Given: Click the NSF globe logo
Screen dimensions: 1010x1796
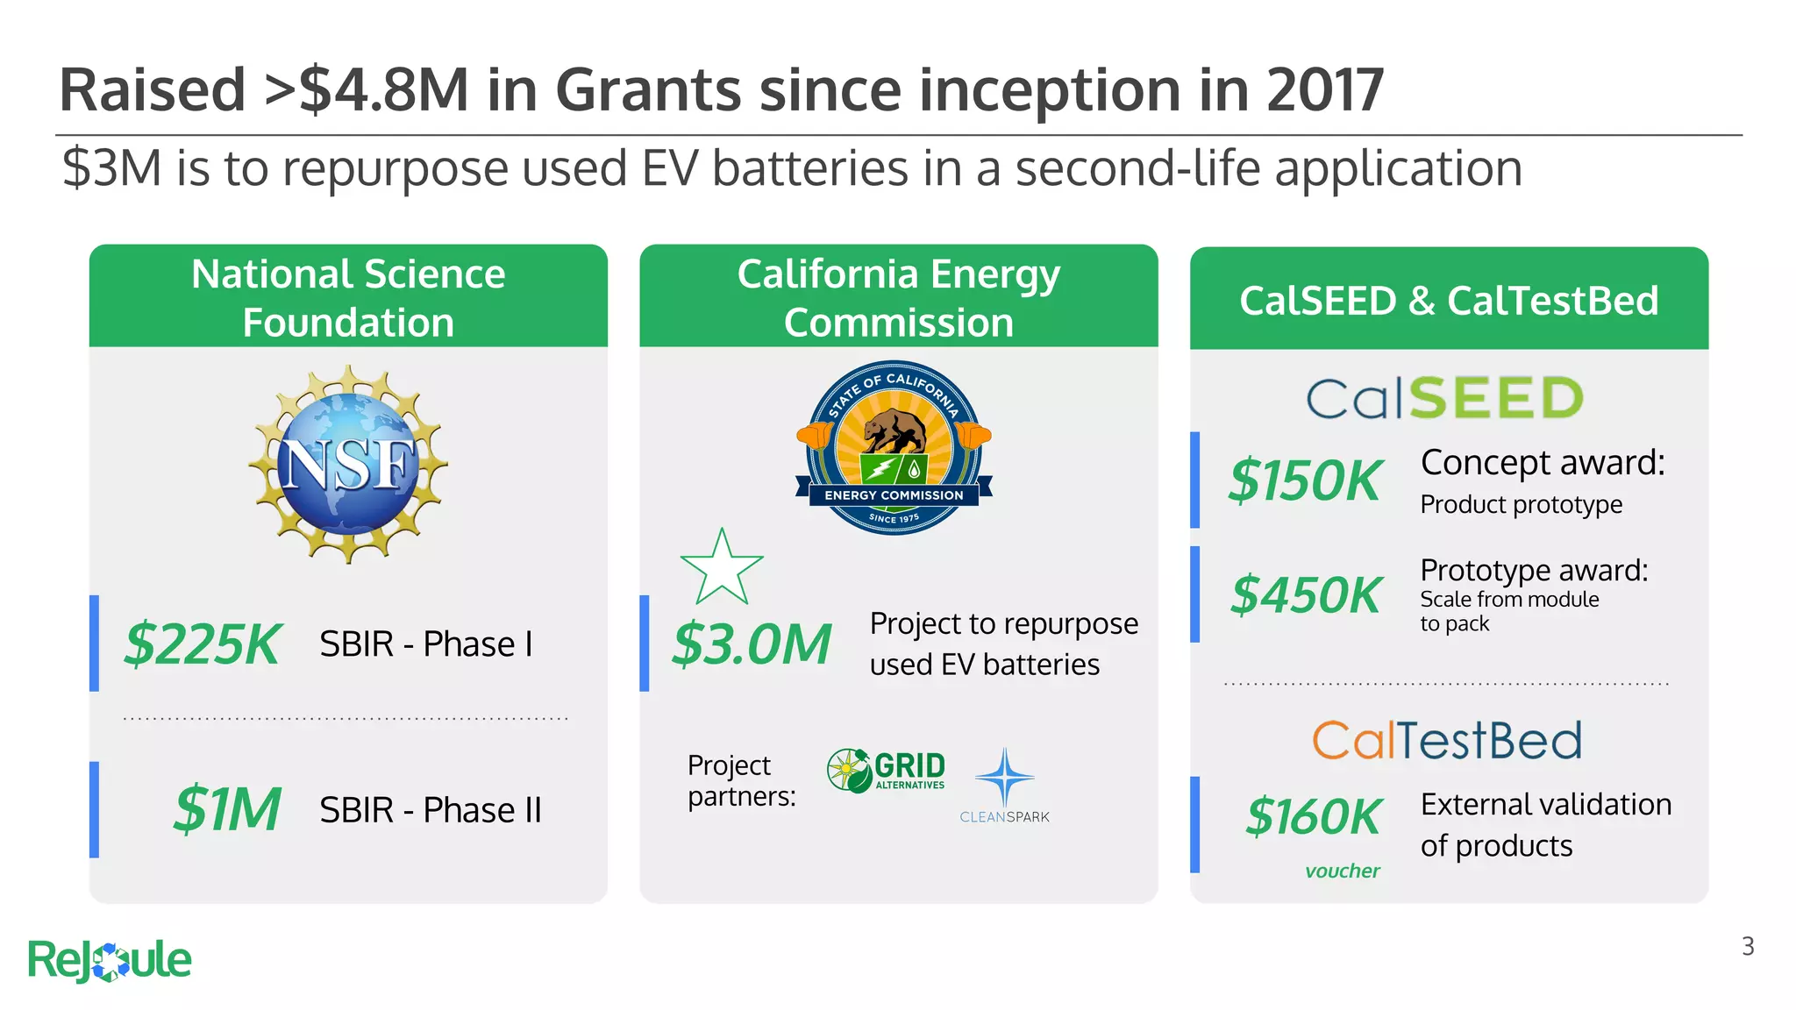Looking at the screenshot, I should tap(348, 465).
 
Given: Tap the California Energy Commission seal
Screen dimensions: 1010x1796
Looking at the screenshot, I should tap(894, 448).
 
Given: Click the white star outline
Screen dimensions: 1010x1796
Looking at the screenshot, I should tap(722, 568).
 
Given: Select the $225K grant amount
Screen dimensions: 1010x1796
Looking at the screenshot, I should tap(202, 644).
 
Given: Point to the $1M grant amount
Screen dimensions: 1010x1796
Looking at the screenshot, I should tap(227, 809).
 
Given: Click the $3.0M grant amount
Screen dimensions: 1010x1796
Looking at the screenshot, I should tap(752, 644).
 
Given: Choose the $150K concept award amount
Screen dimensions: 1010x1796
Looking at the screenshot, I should tap(1305, 480).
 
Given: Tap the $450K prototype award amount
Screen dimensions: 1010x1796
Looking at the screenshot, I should tap(1306, 594).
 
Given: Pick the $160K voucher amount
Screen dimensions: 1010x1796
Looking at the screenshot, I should tap(1314, 817).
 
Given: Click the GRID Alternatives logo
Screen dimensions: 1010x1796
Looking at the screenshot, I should tap(887, 771).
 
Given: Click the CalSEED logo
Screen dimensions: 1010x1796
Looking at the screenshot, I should tap(1445, 398).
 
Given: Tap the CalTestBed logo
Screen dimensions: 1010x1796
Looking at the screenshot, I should tap(1447, 741).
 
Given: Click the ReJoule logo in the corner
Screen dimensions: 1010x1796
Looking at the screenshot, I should tap(110, 960).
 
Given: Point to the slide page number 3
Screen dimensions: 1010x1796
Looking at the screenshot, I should tap(1748, 947).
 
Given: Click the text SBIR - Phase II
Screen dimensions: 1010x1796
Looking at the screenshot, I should tap(431, 810).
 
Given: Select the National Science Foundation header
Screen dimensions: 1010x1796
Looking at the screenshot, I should tap(348, 298).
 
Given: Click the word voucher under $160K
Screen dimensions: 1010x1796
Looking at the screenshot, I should tap(1342, 871).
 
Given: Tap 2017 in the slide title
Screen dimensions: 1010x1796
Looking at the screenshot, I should tap(1325, 90).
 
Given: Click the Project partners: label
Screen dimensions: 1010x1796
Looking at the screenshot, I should tap(742, 781).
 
